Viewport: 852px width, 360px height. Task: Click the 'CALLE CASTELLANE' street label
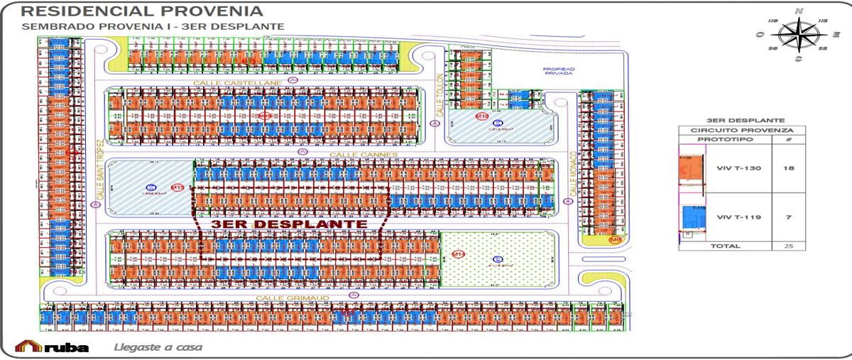coord(238,83)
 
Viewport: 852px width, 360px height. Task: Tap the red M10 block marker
coord(483,116)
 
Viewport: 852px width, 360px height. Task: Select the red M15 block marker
coord(177,187)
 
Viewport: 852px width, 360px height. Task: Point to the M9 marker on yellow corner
coord(615,240)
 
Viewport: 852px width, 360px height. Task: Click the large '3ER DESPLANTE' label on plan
coord(288,224)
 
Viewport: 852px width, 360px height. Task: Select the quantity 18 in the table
coord(788,168)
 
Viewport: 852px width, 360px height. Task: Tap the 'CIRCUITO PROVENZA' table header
coord(741,131)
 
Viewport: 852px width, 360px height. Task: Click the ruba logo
coord(53,347)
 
